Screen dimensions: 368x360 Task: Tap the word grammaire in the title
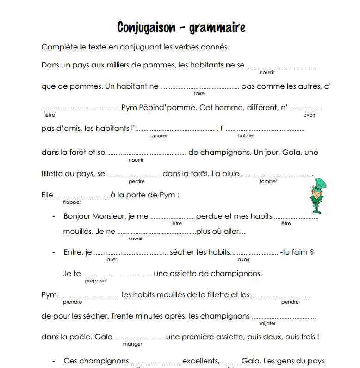pyautogui.click(x=217, y=28)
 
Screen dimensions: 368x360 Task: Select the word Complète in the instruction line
pyautogui.click(x=57, y=47)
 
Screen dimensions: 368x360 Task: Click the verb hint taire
pyautogui.click(x=199, y=93)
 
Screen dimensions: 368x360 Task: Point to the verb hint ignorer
pyautogui.click(x=159, y=136)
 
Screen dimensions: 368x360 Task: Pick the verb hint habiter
pyautogui.click(x=246, y=136)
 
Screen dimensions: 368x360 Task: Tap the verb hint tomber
pyautogui.click(x=268, y=182)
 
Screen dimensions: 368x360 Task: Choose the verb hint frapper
pyautogui.click(x=72, y=202)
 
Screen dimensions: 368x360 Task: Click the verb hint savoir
pyautogui.click(x=136, y=239)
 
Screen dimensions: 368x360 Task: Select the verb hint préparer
pyautogui.click(x=96, y=281)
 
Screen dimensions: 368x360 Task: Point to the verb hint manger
pyautogui.click(x=133, y=344)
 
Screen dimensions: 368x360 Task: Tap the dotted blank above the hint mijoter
pyautogui.click(x=283, y=318)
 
